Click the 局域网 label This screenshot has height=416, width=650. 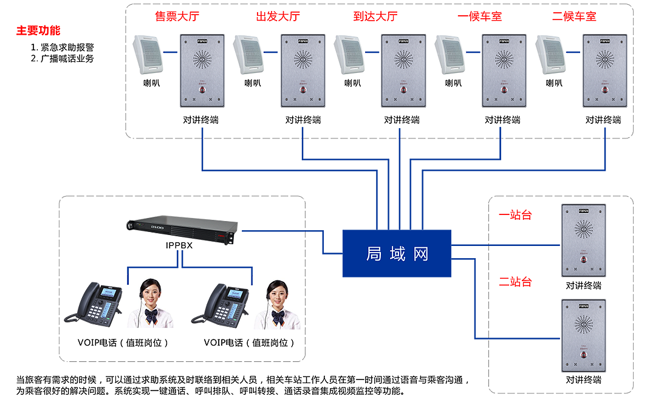397,254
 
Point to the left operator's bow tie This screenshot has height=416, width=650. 151,315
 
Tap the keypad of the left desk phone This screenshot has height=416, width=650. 96,310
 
